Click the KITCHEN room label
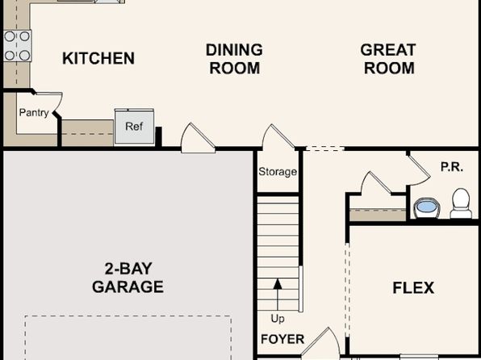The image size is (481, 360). point(98,58)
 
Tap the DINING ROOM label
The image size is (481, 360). point(234,59)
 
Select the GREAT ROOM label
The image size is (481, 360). point(388,59)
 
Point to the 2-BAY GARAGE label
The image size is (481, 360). point(128,278)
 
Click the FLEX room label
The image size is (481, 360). point(413,288)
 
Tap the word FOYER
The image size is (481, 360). point(282,339)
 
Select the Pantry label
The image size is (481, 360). point(34,113)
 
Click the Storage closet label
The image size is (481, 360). point(278,172)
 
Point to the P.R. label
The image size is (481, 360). point(452,167)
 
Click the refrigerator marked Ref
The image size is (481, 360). point(134,127)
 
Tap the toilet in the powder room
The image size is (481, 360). point(461,203)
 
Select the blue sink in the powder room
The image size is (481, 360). point(426,207)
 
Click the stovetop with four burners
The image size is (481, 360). point(17,46)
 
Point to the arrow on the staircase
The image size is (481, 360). point(278,295)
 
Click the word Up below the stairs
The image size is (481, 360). point(278,319)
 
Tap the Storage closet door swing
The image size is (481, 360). point(278,136)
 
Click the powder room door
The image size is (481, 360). point(420,170)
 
